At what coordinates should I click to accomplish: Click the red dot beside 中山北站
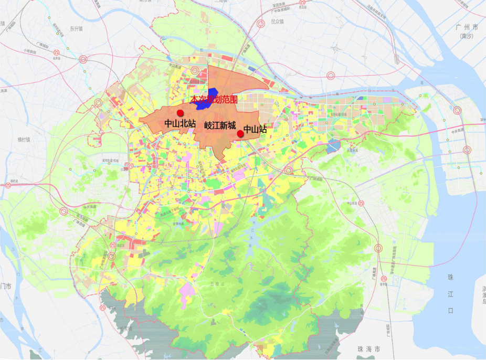[181, 113]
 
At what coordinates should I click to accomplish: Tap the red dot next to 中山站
[240, 134]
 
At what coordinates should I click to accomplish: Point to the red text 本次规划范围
[214, 99]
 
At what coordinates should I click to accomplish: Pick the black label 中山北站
[180, 124]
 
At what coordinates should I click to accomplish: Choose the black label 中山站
[256, 129]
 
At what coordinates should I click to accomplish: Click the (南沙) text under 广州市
[466, 36]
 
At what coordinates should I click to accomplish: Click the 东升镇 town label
[77, 29]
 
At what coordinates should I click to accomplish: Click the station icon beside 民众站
[331, 75]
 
